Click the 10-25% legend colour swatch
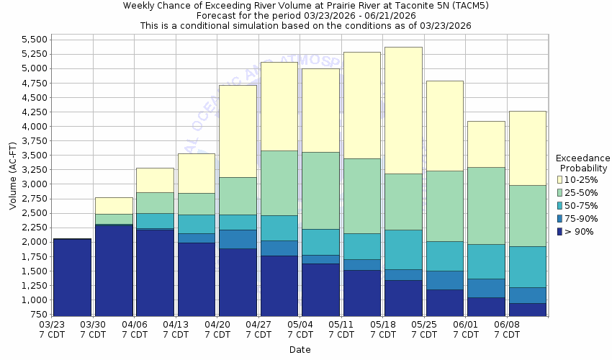click(x=560, y=179)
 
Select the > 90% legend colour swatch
click(x=560, y=231)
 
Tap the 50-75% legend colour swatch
click(x=560, y=205)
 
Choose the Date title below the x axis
click(x=300, y=349)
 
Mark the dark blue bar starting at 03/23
click(x=72, y=277)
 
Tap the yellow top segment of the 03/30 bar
click(x=114, y=205)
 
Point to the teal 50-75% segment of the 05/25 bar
click(x=444, y=256)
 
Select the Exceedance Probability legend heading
click(x=582, y=163)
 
